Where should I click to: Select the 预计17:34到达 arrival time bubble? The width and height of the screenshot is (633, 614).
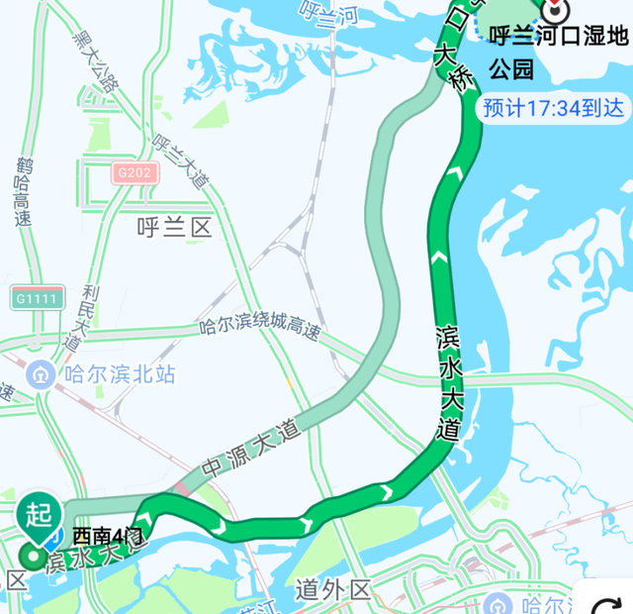(554, 109)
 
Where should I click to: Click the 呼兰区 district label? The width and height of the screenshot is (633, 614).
(175, 229)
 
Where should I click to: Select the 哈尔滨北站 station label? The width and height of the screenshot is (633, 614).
(119, 374)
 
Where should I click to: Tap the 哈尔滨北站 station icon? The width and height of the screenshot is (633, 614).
(41, 374)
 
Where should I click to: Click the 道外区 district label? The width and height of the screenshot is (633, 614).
(333, 591)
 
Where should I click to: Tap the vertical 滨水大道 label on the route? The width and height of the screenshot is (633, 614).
(448, 380)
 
